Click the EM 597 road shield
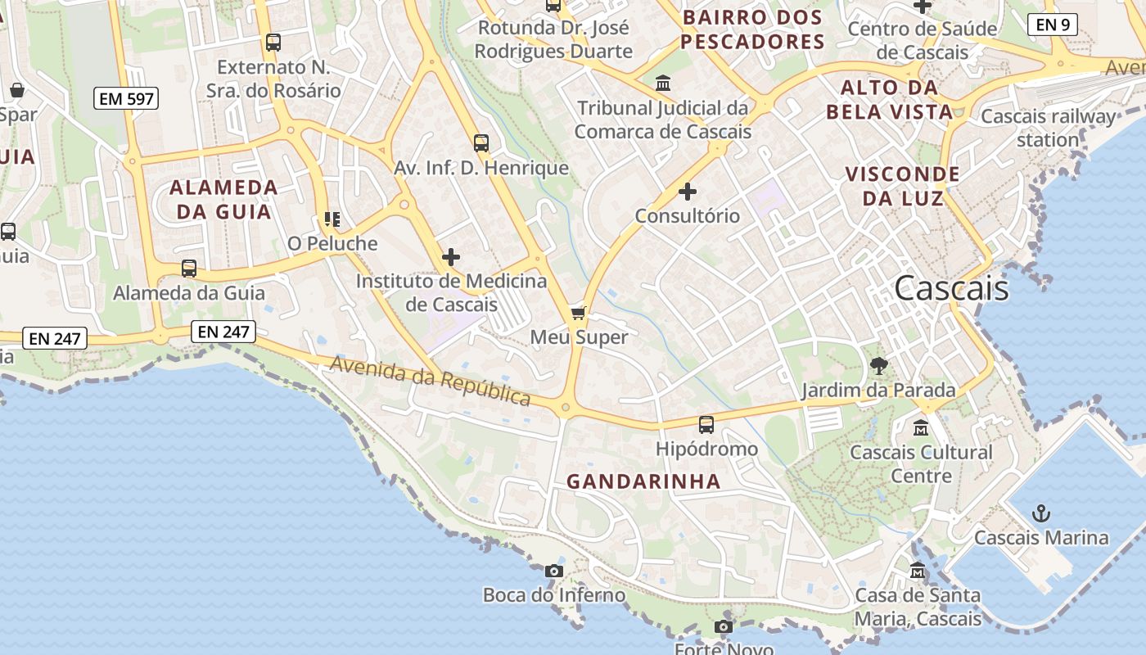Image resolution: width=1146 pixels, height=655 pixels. [125, 99]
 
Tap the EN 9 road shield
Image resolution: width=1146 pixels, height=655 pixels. [1052, 25]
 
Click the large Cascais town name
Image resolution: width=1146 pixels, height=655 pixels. [951, 288]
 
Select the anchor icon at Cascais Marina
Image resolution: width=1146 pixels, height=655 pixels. [1040, 513]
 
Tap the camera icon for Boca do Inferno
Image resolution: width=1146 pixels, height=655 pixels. [554, 571]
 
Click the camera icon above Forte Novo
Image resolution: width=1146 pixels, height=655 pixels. [723, 627]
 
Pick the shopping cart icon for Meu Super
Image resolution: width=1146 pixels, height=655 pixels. [579, 313]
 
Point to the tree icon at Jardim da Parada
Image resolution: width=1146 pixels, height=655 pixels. [879, 366]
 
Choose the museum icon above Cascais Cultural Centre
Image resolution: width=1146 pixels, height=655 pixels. [921, 427]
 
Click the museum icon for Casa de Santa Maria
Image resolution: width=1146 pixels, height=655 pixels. [918, 570]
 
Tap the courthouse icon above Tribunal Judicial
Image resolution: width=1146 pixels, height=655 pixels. [662, 83]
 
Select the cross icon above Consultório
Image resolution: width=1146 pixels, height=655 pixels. [688, 192]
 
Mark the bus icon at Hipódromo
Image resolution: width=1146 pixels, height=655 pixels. [706, 424]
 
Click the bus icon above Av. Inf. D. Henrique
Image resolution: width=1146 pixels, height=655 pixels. [481, 143]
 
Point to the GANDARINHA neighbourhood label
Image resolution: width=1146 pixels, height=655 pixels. [643, 481]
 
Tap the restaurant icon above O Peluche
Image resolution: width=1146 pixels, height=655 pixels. [332, 219]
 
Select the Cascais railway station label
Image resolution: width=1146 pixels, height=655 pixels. [1048, 128]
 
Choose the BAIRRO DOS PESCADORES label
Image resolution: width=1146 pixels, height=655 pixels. [752, 29]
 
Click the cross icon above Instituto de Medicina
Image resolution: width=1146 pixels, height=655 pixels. [450, 257]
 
